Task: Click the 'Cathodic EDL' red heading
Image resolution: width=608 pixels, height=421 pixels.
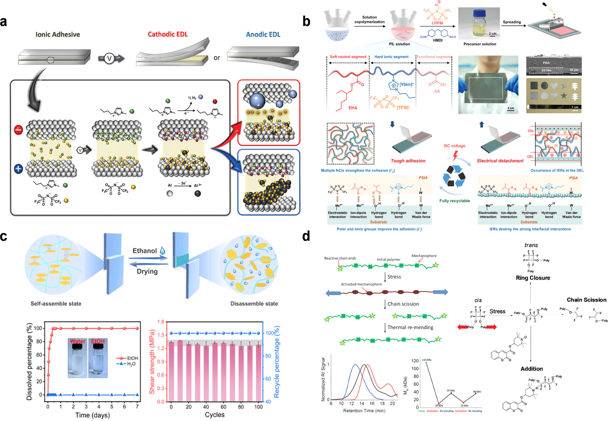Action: point(167,34)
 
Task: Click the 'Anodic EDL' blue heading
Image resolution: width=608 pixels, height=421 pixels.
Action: point(263,35)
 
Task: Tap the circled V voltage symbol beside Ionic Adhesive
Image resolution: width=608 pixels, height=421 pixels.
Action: point(109,58)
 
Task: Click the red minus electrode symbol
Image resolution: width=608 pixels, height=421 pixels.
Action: point(18,129)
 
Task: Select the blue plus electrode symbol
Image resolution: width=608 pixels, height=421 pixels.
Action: point(18,169)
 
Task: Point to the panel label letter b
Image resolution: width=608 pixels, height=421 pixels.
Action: point(306,22)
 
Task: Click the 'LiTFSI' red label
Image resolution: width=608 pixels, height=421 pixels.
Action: point(437,23)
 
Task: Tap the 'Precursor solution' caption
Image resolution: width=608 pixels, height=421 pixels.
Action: point(480,44)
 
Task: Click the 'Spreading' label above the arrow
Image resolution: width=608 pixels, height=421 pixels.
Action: point(512,22)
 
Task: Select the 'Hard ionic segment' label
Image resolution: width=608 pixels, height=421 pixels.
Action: point(391,57)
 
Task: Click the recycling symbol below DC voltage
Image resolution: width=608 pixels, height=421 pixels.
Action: point(454,176)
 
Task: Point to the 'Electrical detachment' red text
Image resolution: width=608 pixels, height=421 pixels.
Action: point(500,161)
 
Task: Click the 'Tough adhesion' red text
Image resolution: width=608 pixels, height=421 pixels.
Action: point(408,161)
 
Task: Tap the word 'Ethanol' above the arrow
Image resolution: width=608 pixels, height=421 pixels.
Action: point(145,251)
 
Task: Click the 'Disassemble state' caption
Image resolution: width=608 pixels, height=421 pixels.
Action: point(254,304)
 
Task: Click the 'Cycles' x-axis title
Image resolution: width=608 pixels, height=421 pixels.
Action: point(214,415)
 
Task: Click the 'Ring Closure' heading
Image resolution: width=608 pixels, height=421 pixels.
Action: point(533,278)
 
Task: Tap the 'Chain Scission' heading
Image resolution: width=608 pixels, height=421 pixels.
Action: point(586,300)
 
